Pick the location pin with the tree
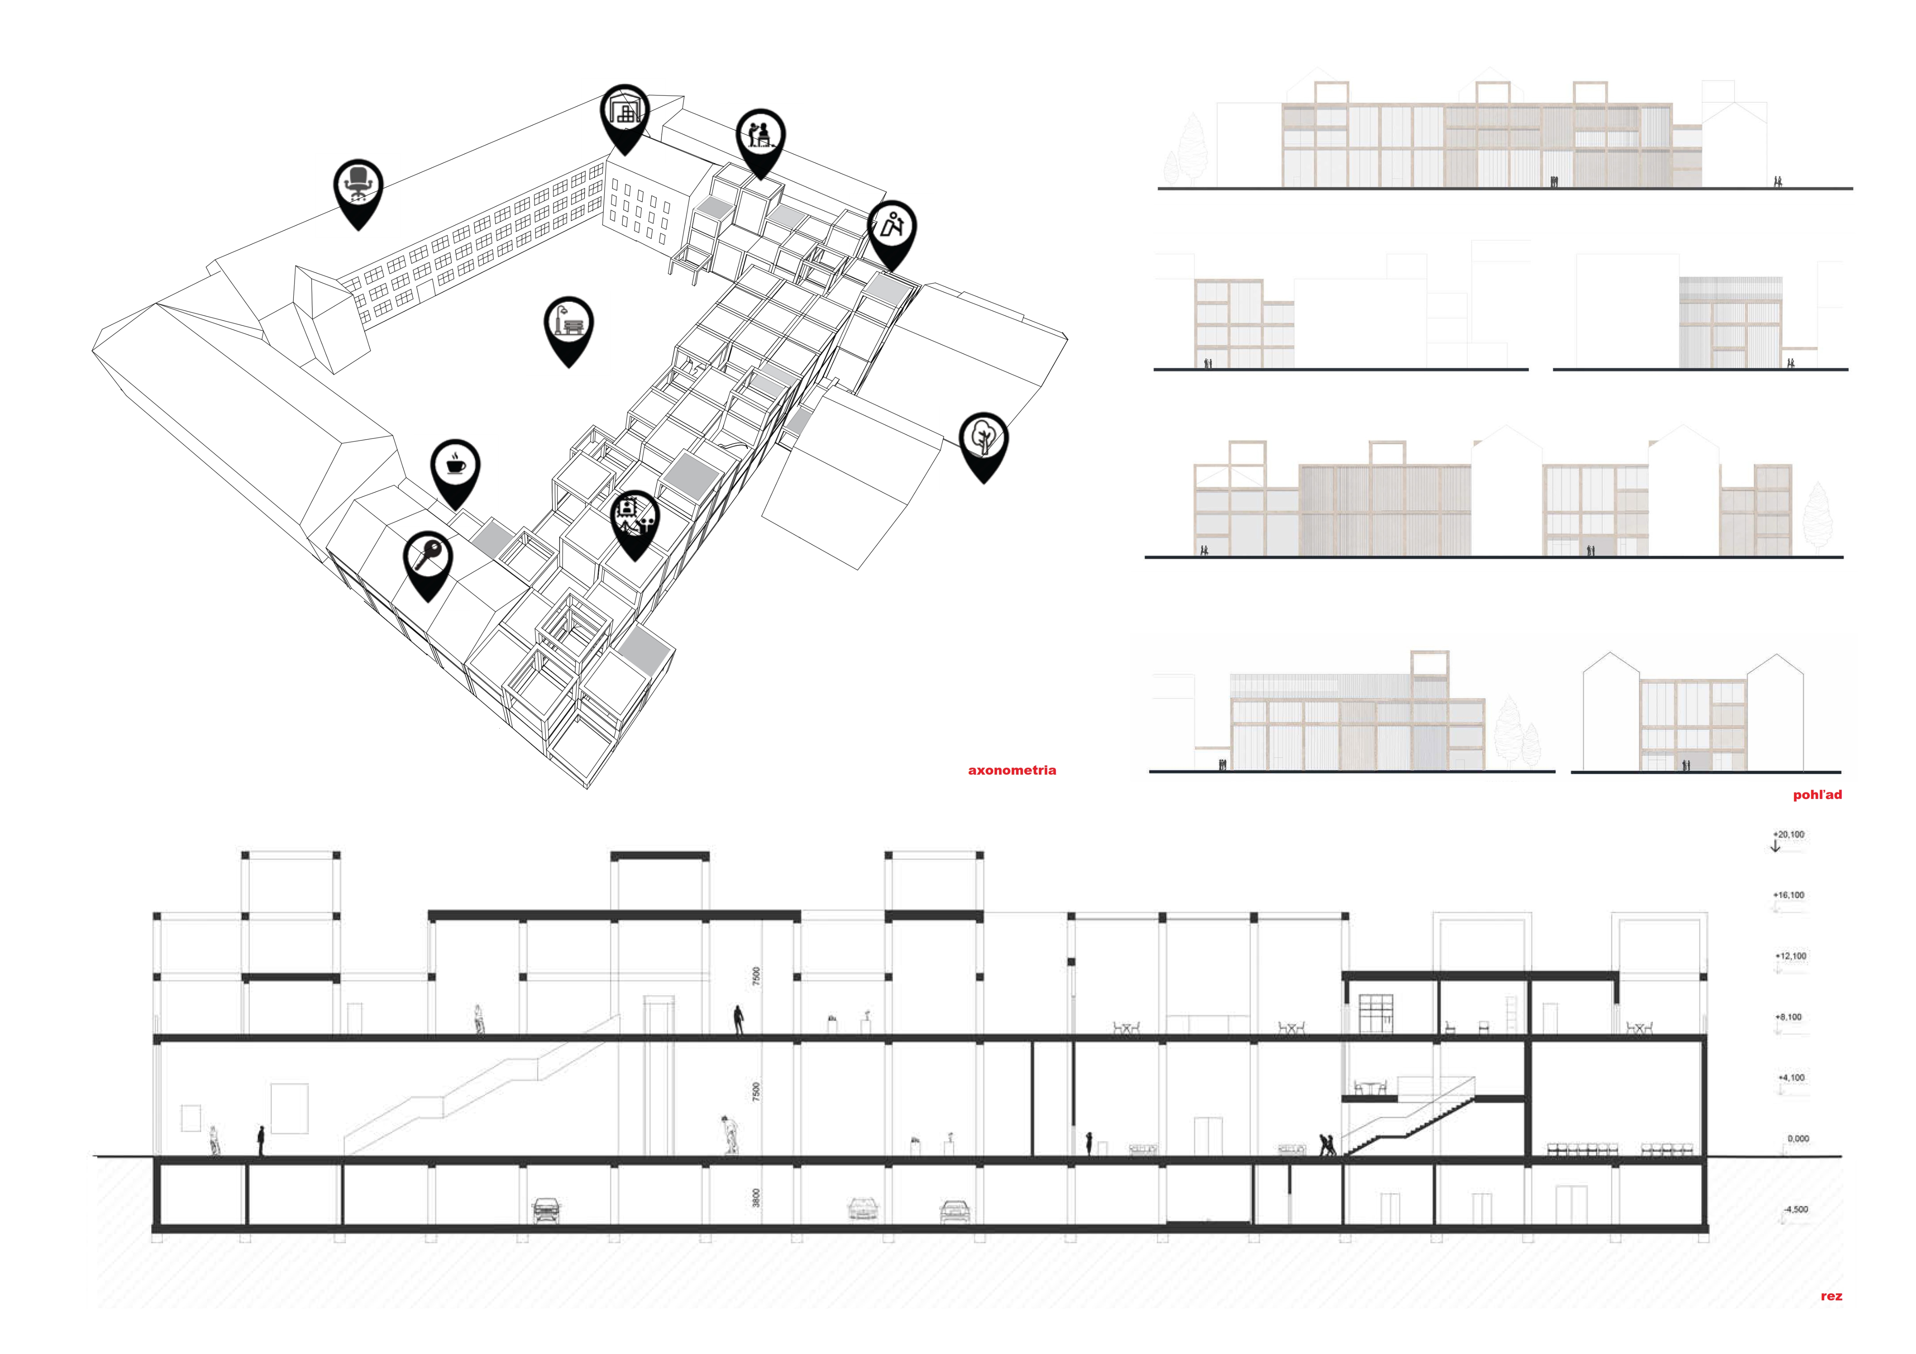pos(984,445)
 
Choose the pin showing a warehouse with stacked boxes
pos(624,117)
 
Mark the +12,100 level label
pos(1790,956)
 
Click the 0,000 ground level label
pos(1797,1139)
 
